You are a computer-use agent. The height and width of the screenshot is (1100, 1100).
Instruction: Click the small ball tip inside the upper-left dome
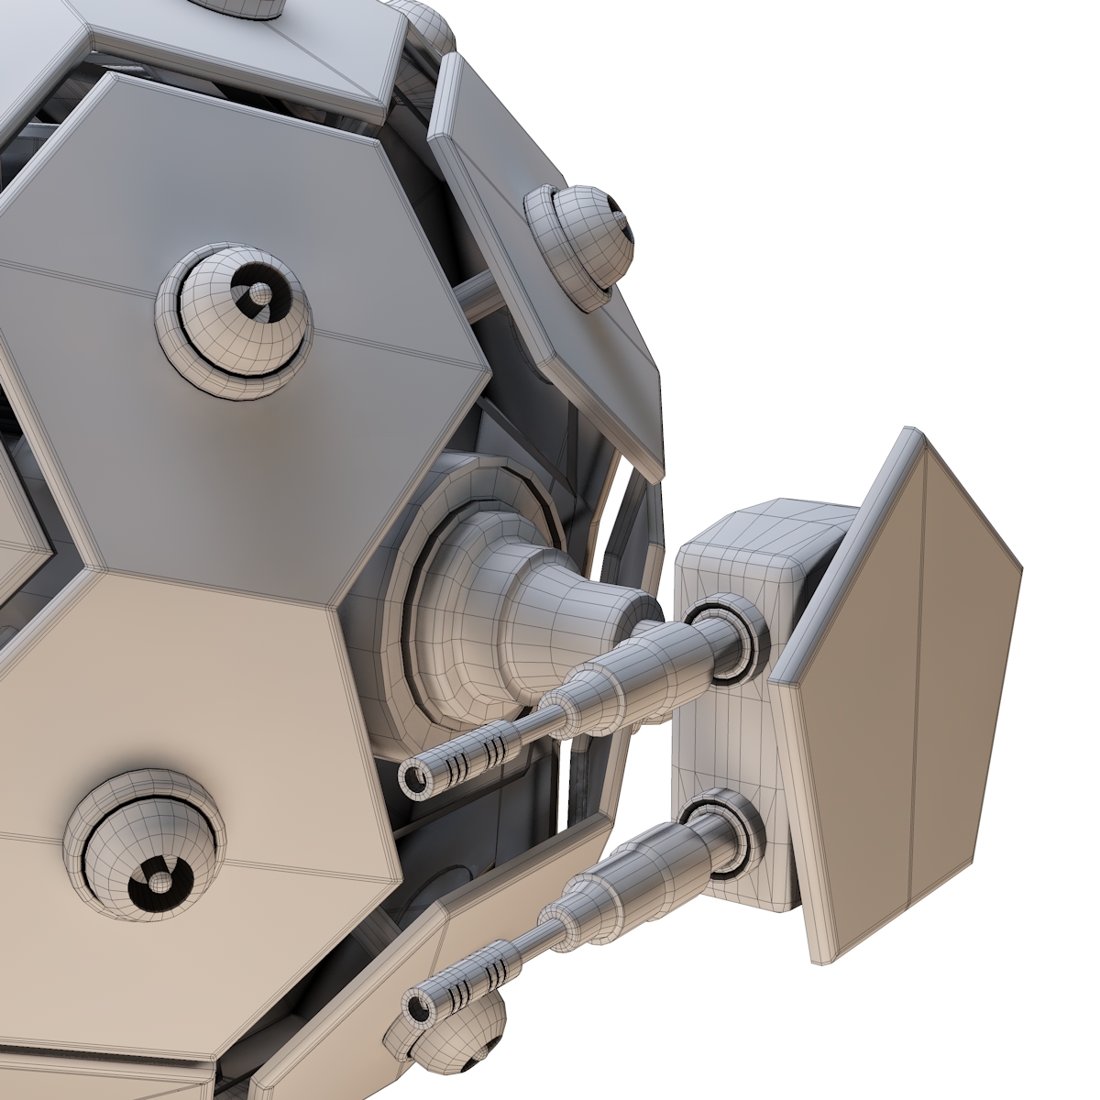point(261,293)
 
